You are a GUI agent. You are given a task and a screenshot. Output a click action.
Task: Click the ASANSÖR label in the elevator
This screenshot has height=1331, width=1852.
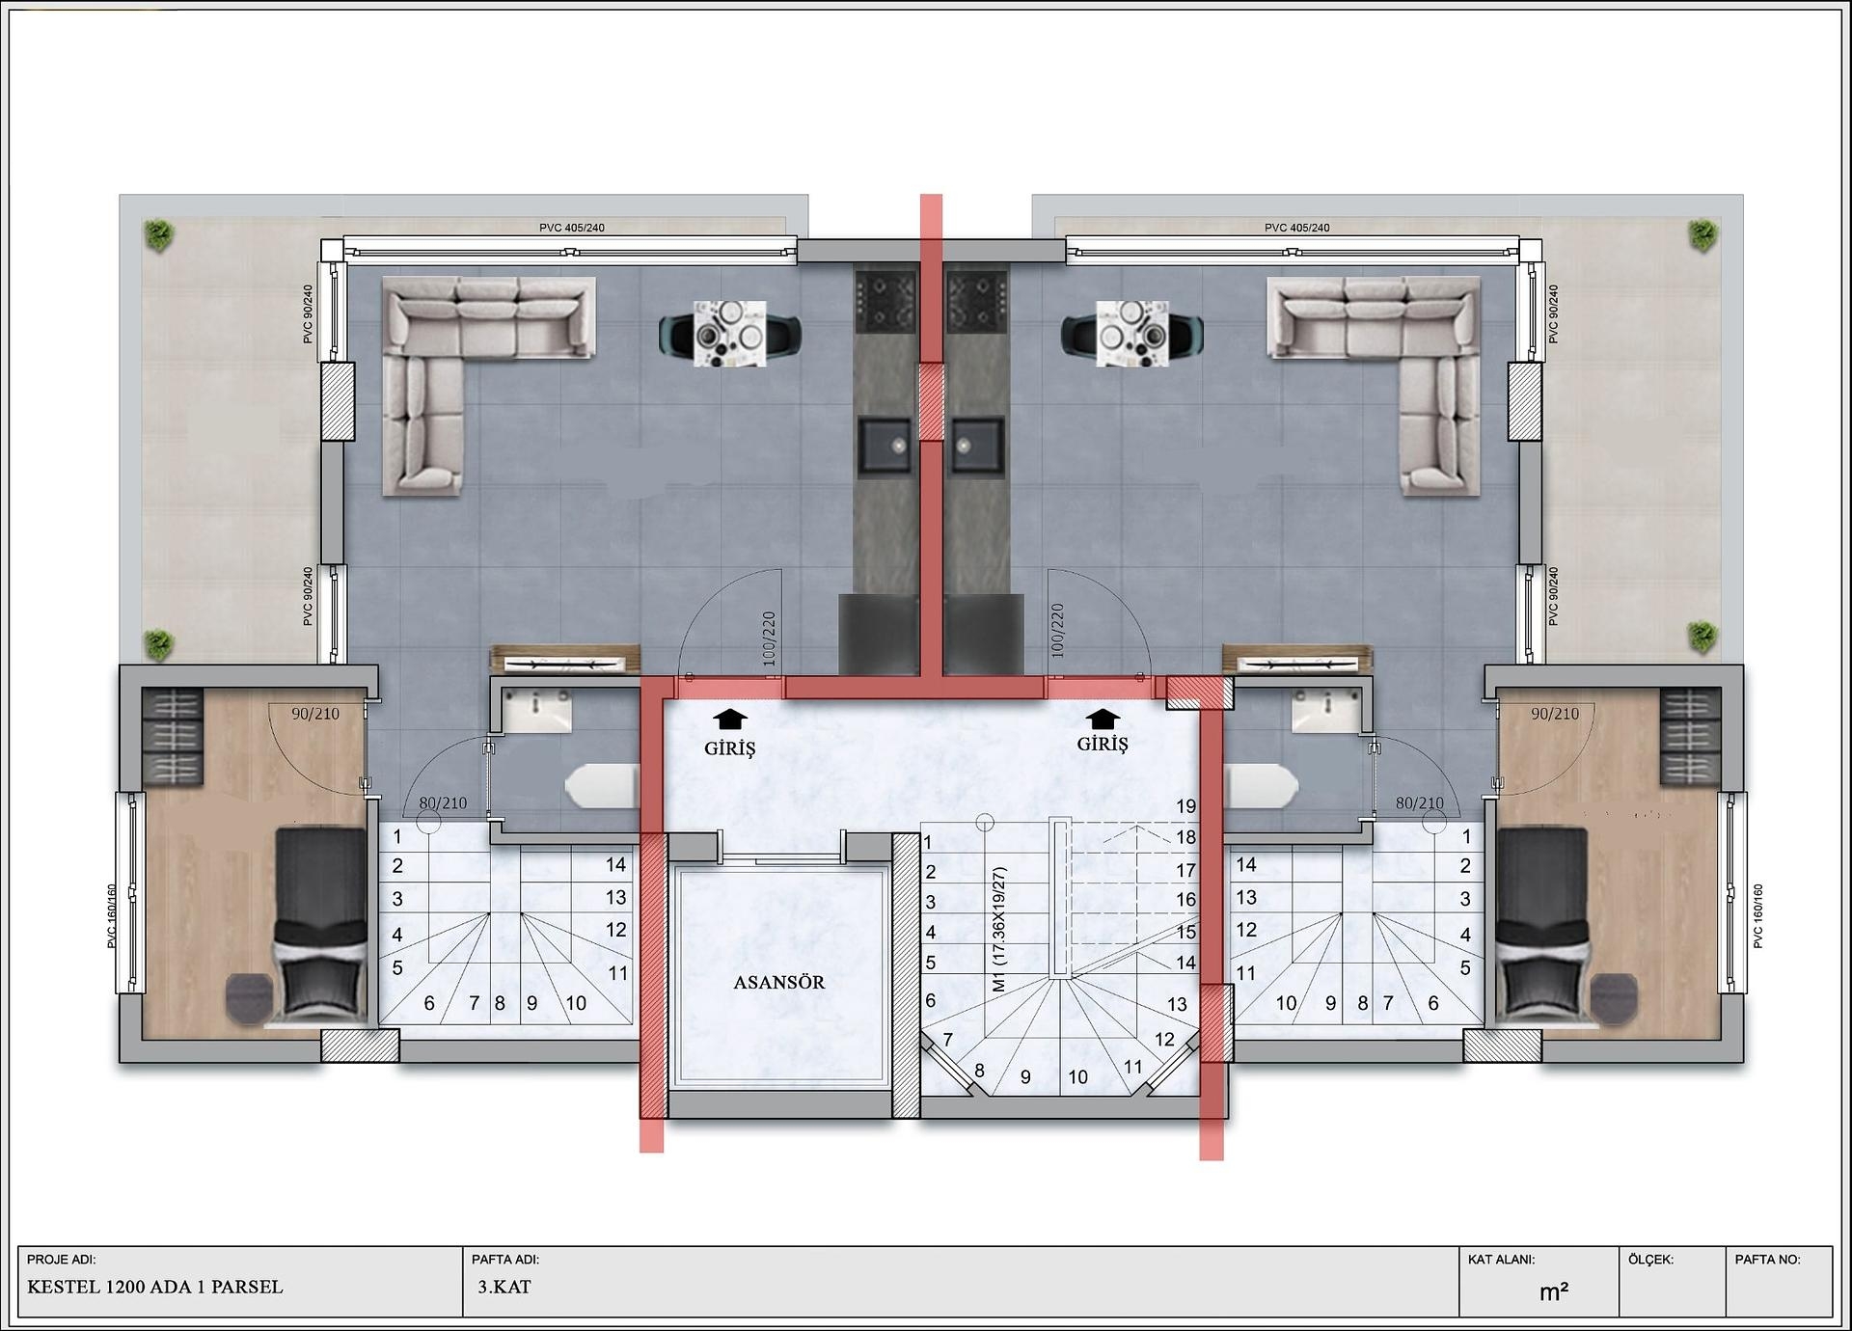(778, 983)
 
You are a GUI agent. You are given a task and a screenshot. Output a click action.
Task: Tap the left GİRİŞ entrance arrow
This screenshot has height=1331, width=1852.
(730, 720)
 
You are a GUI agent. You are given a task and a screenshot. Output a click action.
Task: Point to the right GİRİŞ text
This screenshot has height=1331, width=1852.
(1103, 745)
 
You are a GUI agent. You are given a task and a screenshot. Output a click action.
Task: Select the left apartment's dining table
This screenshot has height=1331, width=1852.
(730, 334)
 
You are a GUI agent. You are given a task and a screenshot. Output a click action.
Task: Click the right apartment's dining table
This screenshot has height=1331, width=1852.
(1132, 334)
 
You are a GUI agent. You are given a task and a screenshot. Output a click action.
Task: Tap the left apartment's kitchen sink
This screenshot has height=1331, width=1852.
(885, 445)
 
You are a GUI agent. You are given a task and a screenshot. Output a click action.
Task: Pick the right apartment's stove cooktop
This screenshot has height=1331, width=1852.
(977, 301)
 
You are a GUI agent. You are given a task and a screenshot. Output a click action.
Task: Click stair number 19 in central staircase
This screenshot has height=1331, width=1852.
(1185, 806)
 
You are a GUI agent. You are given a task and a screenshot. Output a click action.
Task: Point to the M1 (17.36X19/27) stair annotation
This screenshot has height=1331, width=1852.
(999, 929)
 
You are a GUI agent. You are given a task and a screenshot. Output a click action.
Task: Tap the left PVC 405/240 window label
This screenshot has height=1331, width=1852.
(572, 228)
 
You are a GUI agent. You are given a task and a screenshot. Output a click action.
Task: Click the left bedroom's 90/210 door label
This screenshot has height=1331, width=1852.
(315, 714)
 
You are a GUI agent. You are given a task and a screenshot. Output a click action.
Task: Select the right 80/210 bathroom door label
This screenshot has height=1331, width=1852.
(1419, 803)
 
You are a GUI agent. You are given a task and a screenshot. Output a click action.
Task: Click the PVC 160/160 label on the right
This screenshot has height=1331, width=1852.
(1757, 916)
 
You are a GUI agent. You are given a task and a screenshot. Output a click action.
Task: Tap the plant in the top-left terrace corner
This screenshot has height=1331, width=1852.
(158, 233)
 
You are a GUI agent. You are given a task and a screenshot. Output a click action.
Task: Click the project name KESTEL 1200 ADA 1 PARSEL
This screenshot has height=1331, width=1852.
(155, 1287)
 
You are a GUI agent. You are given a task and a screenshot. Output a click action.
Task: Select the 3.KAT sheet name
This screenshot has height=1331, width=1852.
(504, 1287)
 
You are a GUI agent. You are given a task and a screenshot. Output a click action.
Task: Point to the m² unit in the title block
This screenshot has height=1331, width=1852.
(1553, 1292)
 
